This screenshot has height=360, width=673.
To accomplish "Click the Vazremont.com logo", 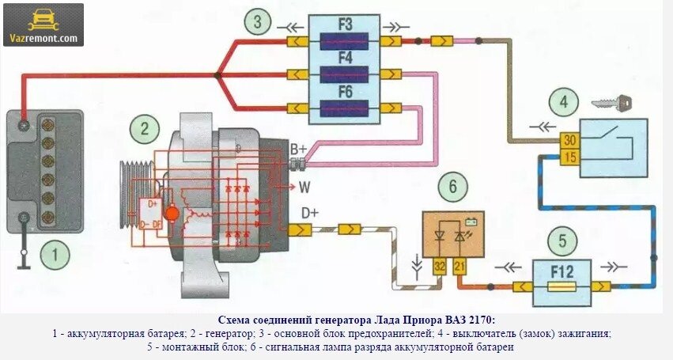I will click(x=43, y=25).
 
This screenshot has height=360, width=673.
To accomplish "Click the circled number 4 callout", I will click(x=563, y=103).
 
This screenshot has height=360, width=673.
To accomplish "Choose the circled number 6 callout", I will click(x=452, y=188).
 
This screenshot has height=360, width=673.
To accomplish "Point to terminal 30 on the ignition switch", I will click(x=569, y=141).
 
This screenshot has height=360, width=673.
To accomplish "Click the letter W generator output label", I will click(x=304, y=188).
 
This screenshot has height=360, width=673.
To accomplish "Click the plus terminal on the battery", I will click(x=25, y=125).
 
